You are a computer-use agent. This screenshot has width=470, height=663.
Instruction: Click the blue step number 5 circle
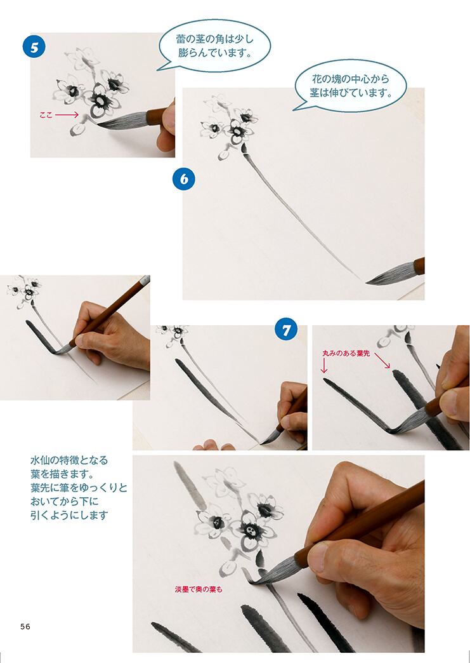click(34, 47)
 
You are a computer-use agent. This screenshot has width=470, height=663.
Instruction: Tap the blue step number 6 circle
click(184, 179)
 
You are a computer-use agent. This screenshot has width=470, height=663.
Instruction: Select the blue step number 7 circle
click(286, 330)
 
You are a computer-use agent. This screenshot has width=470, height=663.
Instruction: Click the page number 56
click(25, 626)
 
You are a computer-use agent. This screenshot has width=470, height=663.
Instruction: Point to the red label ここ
click(46, 114)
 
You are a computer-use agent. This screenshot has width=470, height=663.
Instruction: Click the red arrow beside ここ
click(67, 114)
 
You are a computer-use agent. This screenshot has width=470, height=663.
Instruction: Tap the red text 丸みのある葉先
click(346, 353)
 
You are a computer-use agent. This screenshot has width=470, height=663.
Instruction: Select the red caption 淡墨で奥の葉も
click(199, 589)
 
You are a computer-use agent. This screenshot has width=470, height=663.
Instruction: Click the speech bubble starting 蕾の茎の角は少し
click(214, 46)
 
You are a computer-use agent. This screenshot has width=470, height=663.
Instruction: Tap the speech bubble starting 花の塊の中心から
click(351, 86)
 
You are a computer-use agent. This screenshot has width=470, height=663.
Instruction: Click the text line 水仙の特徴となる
click(69, 460)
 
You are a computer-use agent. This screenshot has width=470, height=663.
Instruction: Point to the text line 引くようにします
click(69, 515)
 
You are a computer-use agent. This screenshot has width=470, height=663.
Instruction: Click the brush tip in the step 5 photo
click(99, 124)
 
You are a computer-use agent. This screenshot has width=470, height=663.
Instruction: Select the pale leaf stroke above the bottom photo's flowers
click(190, 485)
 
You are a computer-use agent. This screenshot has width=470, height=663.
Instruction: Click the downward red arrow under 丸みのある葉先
click(324, 366)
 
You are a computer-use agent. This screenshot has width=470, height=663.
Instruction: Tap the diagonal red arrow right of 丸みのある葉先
click(382, 360)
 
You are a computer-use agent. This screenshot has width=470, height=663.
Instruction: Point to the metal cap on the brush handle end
click(145, 280)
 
